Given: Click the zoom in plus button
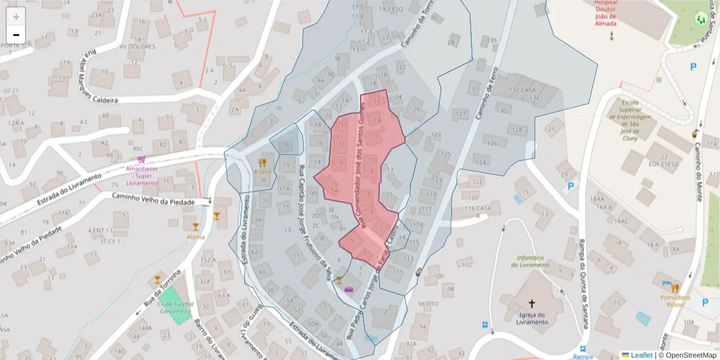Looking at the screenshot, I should click(x=16, y=17).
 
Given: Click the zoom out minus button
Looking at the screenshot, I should click(x=16, y=35).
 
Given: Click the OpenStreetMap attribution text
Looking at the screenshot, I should click(x=687, y=355).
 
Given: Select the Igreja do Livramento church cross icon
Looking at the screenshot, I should click(x=531, y=304).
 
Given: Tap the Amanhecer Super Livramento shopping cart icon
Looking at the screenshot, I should click(x=141, y=160).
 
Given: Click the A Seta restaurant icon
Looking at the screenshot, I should click(x=262, y=163).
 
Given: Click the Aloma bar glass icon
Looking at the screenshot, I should click(x=195, y=227).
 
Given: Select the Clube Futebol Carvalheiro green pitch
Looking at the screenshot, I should click(x=174, y=306).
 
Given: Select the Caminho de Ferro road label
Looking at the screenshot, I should click(x=487, y=91).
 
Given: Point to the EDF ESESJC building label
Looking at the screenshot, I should click(x=663, y=163).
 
